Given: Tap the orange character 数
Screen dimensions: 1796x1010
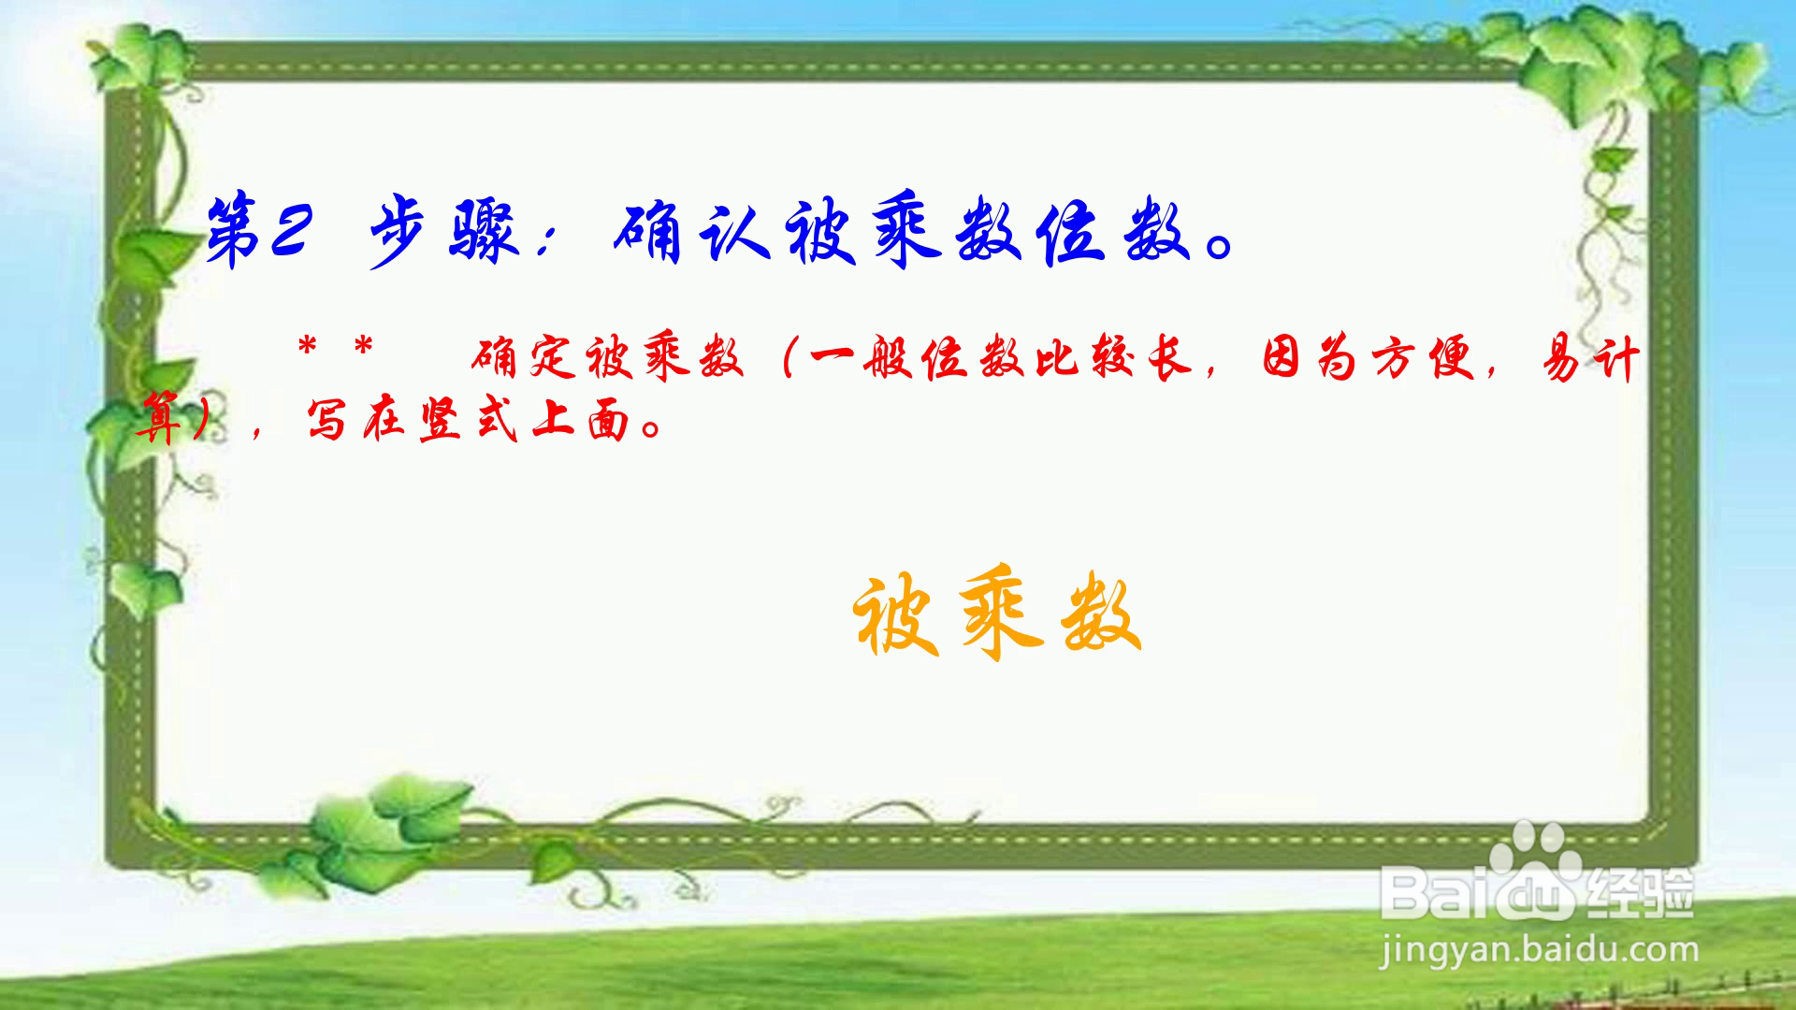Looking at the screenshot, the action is click(1102, 615).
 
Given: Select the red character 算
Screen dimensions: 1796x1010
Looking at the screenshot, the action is click(160, 418).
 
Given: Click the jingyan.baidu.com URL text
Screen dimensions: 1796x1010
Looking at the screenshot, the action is click(1539, 951).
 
